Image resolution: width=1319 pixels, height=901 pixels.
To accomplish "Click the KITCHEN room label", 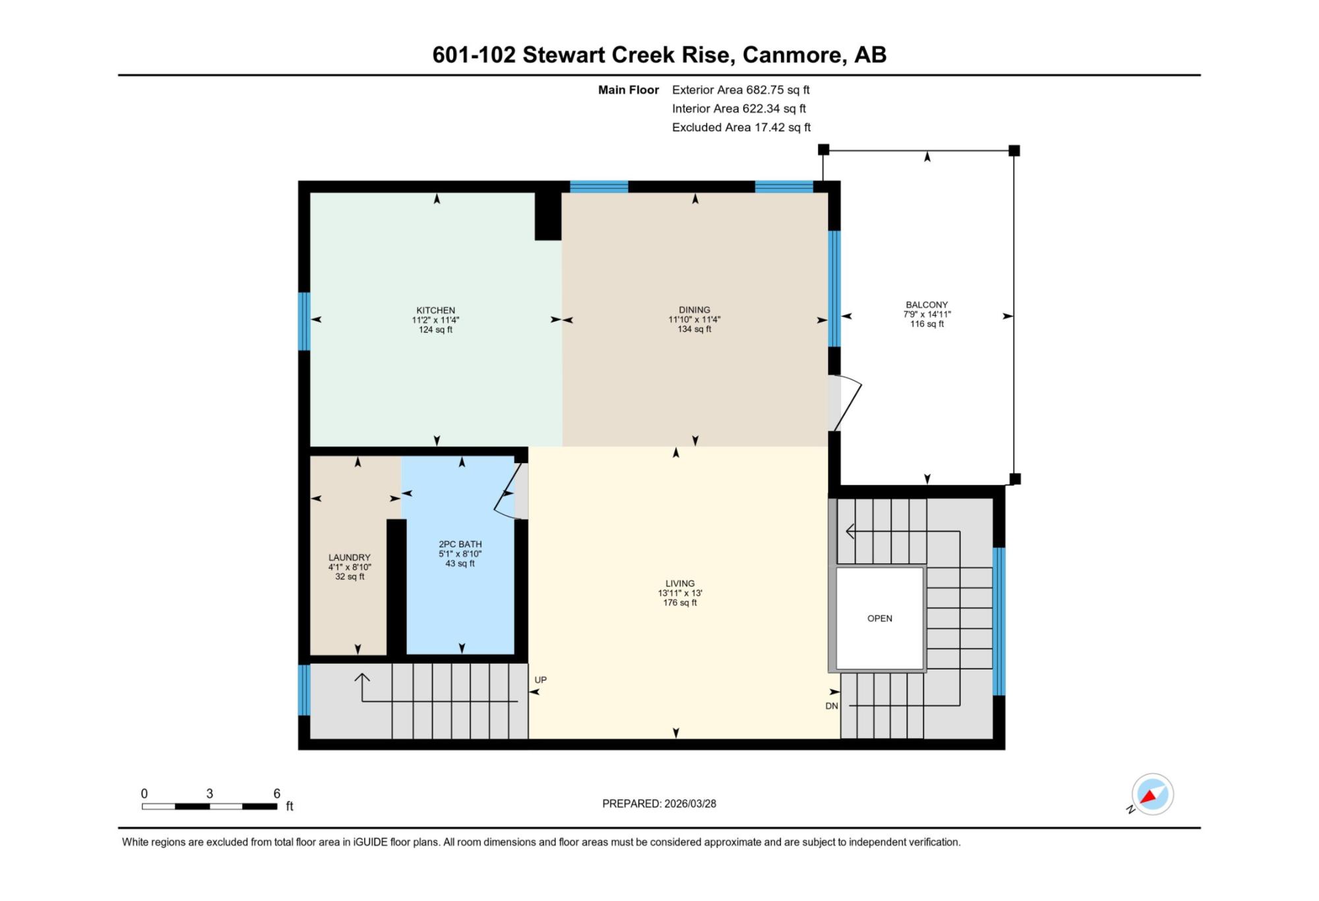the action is point(435,310).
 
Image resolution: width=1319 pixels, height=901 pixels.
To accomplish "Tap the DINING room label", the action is point(694,309).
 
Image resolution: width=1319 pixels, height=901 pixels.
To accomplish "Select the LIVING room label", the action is point(680,583).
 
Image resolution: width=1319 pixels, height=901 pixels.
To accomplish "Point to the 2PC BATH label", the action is point(460,544).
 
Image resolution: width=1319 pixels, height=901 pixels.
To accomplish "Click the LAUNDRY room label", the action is point(350,557).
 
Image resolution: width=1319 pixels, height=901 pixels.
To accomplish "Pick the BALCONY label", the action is point(927,305).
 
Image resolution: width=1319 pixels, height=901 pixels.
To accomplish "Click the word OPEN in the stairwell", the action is point(880,618).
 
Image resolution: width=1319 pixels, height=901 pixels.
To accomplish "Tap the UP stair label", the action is point(541,679).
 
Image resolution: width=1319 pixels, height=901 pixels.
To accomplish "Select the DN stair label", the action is point(832,706).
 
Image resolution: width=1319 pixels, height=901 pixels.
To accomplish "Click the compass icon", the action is point(1152,794).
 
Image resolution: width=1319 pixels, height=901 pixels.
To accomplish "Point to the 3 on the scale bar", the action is point(210,793).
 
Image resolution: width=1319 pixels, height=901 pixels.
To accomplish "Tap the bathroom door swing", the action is point(510,491).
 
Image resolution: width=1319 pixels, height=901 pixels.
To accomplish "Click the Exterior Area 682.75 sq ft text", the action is point(741,90).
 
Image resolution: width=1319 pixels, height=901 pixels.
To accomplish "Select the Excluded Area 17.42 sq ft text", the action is point(741,127).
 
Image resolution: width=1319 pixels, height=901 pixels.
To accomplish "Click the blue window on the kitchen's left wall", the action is point(304,321).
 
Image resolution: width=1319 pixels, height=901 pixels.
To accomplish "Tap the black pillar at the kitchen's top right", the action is point(547,216).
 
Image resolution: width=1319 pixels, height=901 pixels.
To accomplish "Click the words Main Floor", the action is point(629,90).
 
